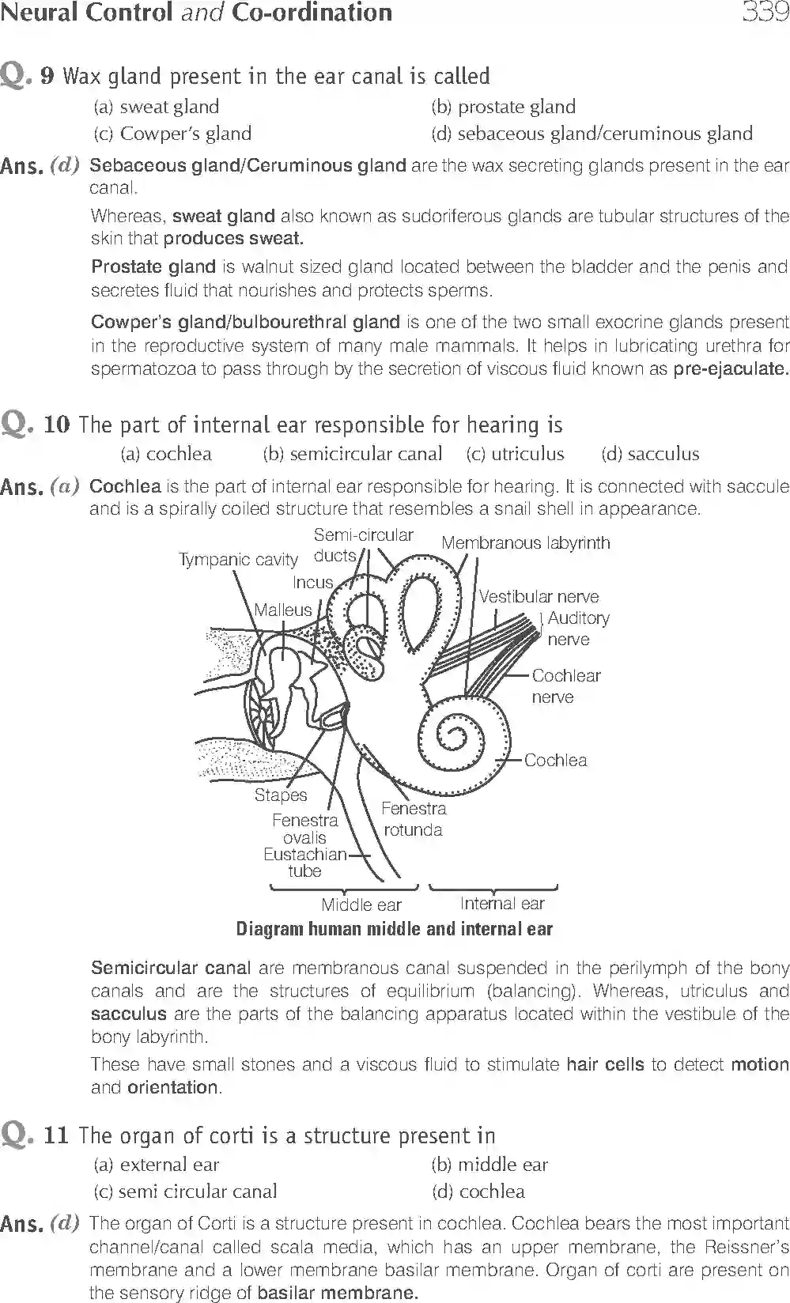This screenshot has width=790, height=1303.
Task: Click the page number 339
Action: pos(764,13)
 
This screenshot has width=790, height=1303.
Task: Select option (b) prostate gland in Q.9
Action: pos(504,107)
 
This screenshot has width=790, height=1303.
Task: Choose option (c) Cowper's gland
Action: pos(172,134)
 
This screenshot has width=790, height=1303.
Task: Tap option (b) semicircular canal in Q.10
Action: pos(353,454)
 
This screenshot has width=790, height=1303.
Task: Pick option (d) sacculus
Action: pos(650,454)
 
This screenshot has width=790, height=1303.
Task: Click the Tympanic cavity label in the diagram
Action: pos(238,560)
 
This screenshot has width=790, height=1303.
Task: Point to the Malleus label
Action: pos(283,610)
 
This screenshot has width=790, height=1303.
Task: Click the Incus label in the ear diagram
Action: pos(313,583)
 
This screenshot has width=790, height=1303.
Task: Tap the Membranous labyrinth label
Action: pos(526,543)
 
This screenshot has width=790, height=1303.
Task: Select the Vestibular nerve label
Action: pos(539,597)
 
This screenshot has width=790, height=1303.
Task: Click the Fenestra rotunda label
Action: pos(413,819)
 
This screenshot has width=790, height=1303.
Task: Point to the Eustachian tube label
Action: pos(304,863)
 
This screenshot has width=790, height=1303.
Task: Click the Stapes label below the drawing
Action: pos(280,795)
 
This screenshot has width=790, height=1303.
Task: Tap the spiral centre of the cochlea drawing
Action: pos(453,738)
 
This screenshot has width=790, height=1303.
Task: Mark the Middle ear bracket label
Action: pos(361,905)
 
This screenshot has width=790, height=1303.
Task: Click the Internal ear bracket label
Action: pos(502,904)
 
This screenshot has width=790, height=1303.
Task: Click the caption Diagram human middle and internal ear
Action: pos(395,929)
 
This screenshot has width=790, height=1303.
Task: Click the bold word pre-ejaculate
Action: pos(731,368)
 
